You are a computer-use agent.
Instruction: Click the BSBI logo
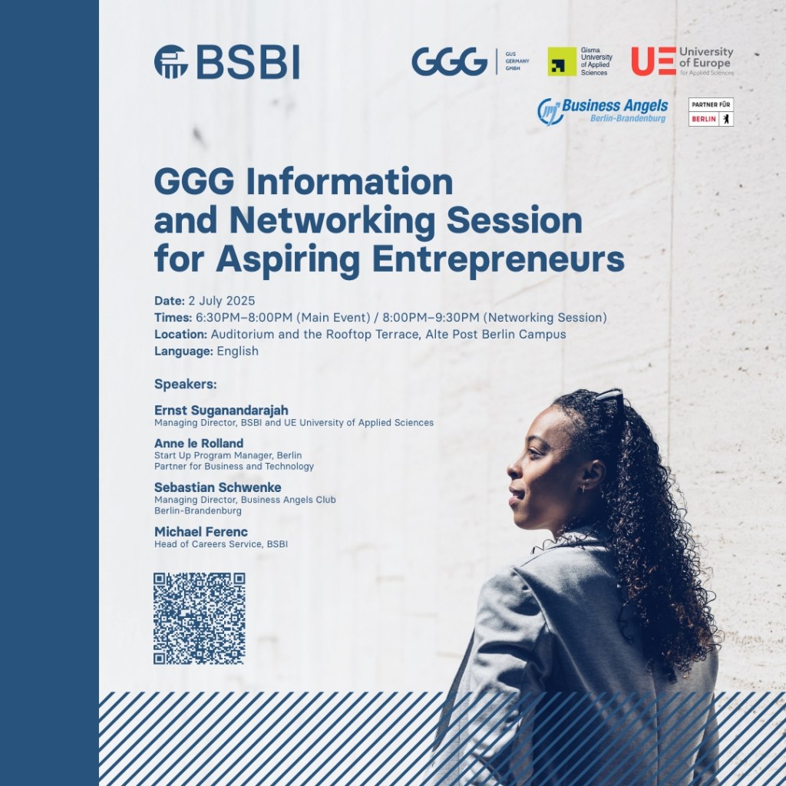pyautogui.click(x=226, y=61)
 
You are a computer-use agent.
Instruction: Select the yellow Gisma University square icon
pyautogui.click(x=562, y=61)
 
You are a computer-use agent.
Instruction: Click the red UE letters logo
pyautogui.click(x=653, y=61)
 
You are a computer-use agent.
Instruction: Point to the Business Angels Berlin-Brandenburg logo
pyautogui.click(x=603, y=111)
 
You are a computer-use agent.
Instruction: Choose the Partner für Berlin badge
pyautogui.click(x=711, y=112)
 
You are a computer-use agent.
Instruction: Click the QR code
pyautogui.click(x=199, y=618)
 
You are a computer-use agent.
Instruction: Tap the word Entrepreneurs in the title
pyautogui.click(x=497, y=259)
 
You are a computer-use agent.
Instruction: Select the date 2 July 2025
pyautogui.click(x=222, y=301)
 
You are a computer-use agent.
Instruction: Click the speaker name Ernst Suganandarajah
pyautogui.click(x=221, y=410)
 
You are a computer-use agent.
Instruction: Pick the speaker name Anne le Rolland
pyautogui.click(x=199, y=443)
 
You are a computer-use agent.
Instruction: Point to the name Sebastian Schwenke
pyautogui.click(x=217, y=487)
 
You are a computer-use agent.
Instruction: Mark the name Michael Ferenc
pyautogui.click(x=201, y=531)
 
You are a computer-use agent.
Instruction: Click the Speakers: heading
pyautogui.click(x=186, y=385)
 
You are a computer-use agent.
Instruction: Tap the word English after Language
pyautogui.click(x=238, y=351)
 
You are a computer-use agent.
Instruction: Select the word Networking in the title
pyautogui.click(x=332, y=220)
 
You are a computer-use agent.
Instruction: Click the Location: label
pyautogui.click(x=180, y=335)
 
